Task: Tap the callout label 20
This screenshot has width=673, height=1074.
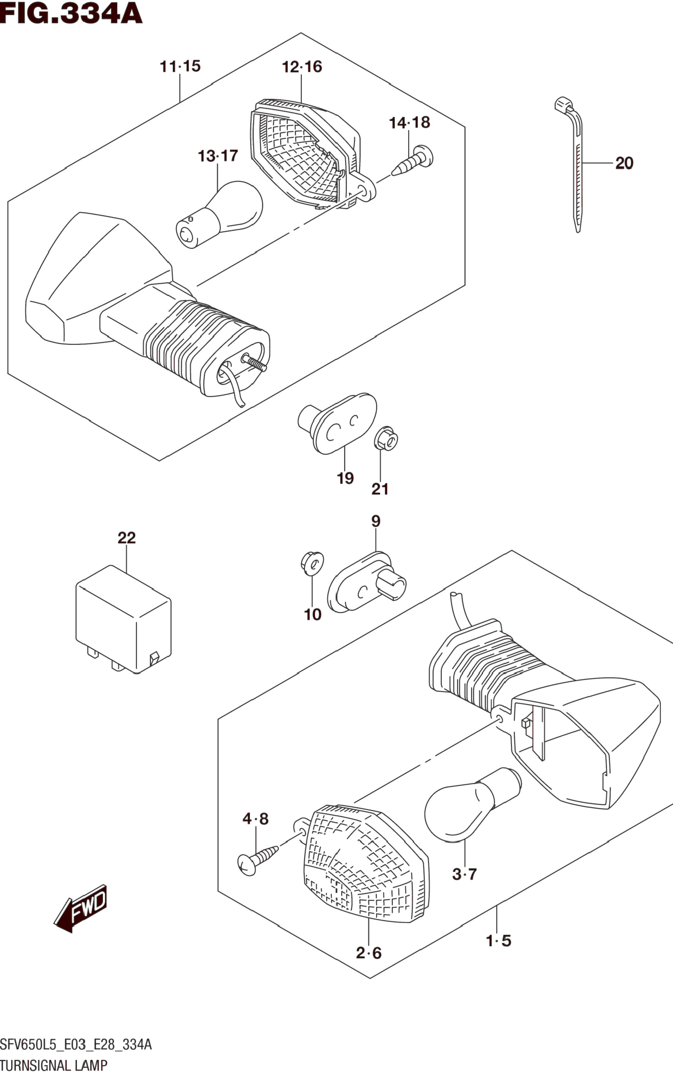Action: (x=624, y=163)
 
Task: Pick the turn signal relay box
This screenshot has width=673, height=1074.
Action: (x=123, y=619)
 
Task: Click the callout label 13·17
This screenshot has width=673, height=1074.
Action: (x=218, y=156)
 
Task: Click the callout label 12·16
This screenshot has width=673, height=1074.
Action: (x=302, y=67)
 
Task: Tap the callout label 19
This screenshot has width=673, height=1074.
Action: (x=345, y=478)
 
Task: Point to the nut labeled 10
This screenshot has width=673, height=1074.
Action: (x=312, y=563)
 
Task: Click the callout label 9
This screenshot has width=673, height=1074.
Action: (x=376, y=521)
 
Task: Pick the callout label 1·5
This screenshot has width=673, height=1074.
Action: (x=498, y=941)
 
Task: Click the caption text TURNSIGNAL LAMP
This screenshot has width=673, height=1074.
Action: (x=54, y=1065)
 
